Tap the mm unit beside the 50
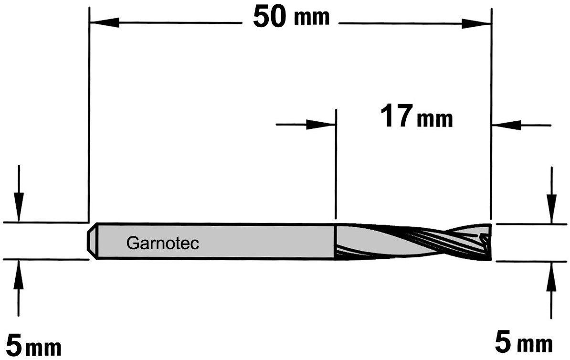(311, 18)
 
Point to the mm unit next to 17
(435, 119)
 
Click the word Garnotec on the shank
(162, 243)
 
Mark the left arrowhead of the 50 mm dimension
(104, 22)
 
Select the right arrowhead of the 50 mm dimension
(476, 24)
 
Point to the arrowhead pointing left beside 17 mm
(507, 125)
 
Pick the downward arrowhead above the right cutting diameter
(552, 209)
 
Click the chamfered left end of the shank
(93, 241)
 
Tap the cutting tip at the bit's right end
(486, 242)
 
